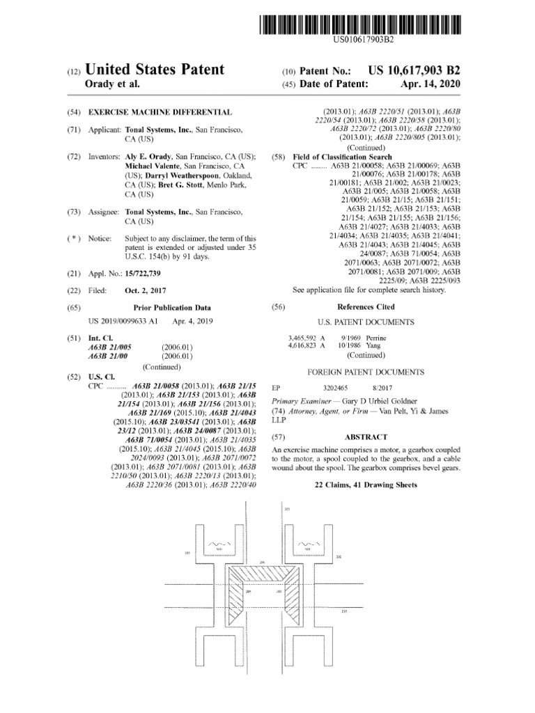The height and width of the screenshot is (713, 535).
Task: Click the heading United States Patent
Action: click(155, 70)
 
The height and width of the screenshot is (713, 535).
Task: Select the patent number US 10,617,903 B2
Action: click(414, 70)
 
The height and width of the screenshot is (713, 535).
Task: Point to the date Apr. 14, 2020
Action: click(431, 84)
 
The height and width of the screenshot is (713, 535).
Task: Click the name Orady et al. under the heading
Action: click(112, 84)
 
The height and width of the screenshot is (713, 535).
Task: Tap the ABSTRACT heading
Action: click(366, 437)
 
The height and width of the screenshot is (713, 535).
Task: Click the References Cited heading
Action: click(366, 307)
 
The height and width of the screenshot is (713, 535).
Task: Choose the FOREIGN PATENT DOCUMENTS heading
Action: click(366, 373)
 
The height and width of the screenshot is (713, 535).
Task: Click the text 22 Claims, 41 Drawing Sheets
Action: click(366, 485)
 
